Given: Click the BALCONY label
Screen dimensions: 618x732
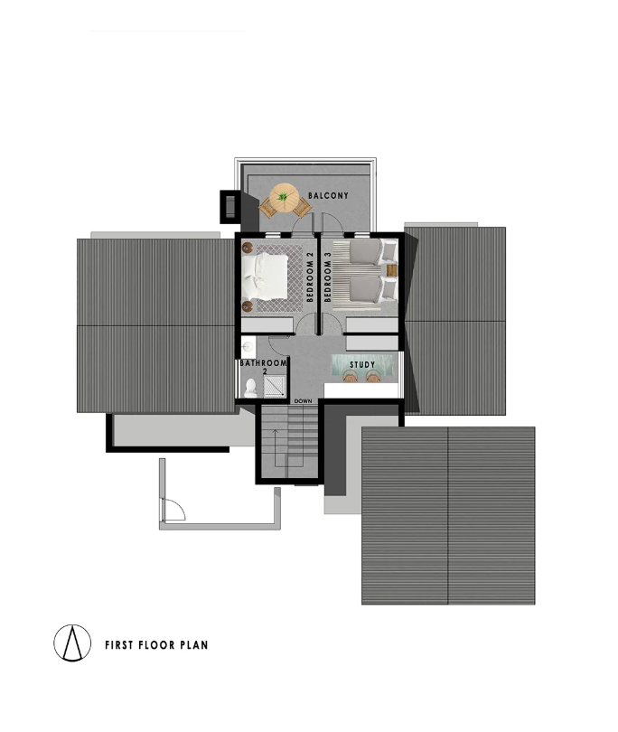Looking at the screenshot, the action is (x=328, y=195).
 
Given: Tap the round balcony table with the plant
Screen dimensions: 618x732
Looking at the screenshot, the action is (x=284, y=197).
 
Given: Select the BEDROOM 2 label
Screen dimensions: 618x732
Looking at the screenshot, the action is (x=310, y=277).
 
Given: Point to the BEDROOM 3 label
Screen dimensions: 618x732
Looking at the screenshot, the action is (x=327, y=277).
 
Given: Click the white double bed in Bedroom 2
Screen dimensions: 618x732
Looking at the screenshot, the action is (x=265, y=277).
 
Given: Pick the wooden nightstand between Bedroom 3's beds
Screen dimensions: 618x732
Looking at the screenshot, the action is (x=391, y=270).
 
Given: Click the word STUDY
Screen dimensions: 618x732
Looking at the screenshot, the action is (x=362, y=364).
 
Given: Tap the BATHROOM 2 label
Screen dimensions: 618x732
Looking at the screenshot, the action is (x=263, y=367).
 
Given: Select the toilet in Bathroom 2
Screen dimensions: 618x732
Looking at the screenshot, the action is (x=250, y=388).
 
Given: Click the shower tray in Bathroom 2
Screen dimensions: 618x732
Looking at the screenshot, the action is (x=275, y=387).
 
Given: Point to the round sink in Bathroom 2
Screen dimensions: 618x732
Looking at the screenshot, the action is (x=248, y=347).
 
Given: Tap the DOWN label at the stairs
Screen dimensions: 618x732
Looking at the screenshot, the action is (x=303, y=401).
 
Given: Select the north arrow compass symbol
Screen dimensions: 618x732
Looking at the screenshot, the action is (x=72, y=643).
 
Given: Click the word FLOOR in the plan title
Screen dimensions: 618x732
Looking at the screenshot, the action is (x=157, y=645).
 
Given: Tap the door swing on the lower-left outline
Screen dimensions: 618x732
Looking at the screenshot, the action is (x=173, y=510).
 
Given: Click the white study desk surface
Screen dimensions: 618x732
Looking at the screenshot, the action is (x=361, y=390).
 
